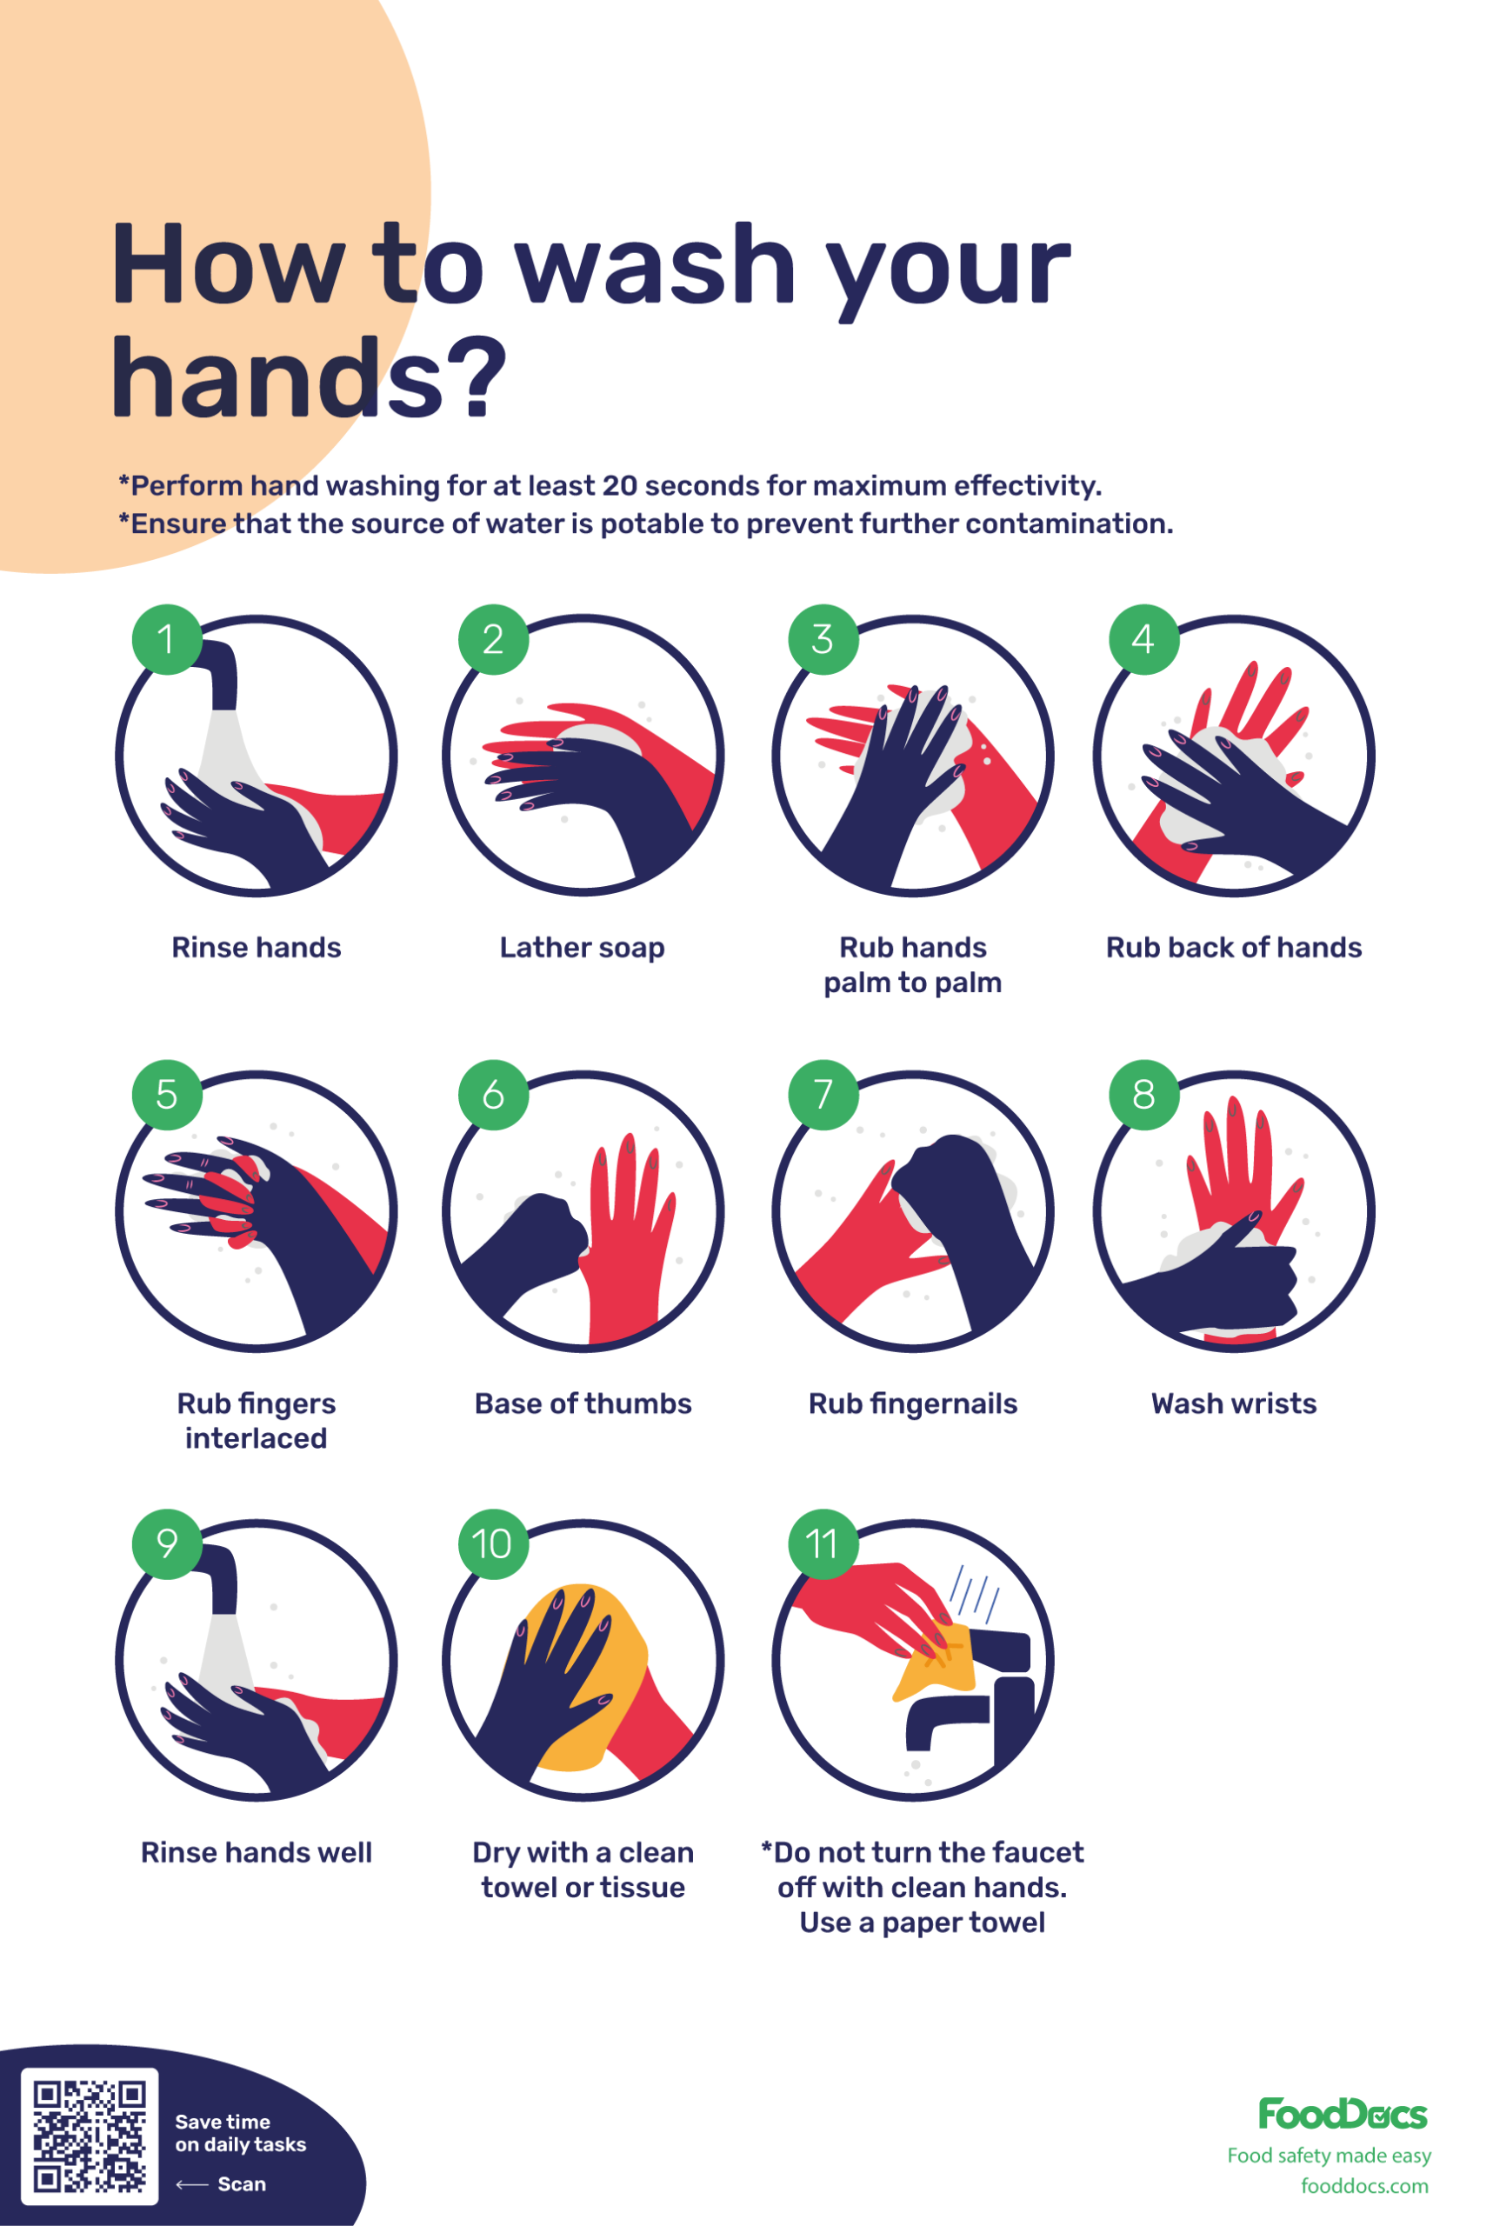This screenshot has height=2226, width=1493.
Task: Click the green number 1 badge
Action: [x=167, y=640]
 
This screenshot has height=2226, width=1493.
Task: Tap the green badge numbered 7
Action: [x=823, y=1095]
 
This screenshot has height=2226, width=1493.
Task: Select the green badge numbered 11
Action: [x=823, y=1544]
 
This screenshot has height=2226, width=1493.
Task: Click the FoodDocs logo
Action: [x=1343, y=2115]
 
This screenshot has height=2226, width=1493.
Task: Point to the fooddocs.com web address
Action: [x=1364, y=2186]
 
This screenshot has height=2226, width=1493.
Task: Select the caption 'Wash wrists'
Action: [x=1234, y=1403]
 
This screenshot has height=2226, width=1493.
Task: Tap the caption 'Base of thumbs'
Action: [x=583, y=1403]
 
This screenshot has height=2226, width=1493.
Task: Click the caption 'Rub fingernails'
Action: [x=913, y=1404]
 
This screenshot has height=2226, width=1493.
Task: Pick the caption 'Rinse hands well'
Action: [x=257, y=1853]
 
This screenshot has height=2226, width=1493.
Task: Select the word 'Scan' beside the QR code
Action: [x=242, y=2184]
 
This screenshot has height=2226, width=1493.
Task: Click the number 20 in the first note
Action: [x=620, y=485]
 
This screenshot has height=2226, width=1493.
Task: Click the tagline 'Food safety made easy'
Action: [x=1330, y=2156]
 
